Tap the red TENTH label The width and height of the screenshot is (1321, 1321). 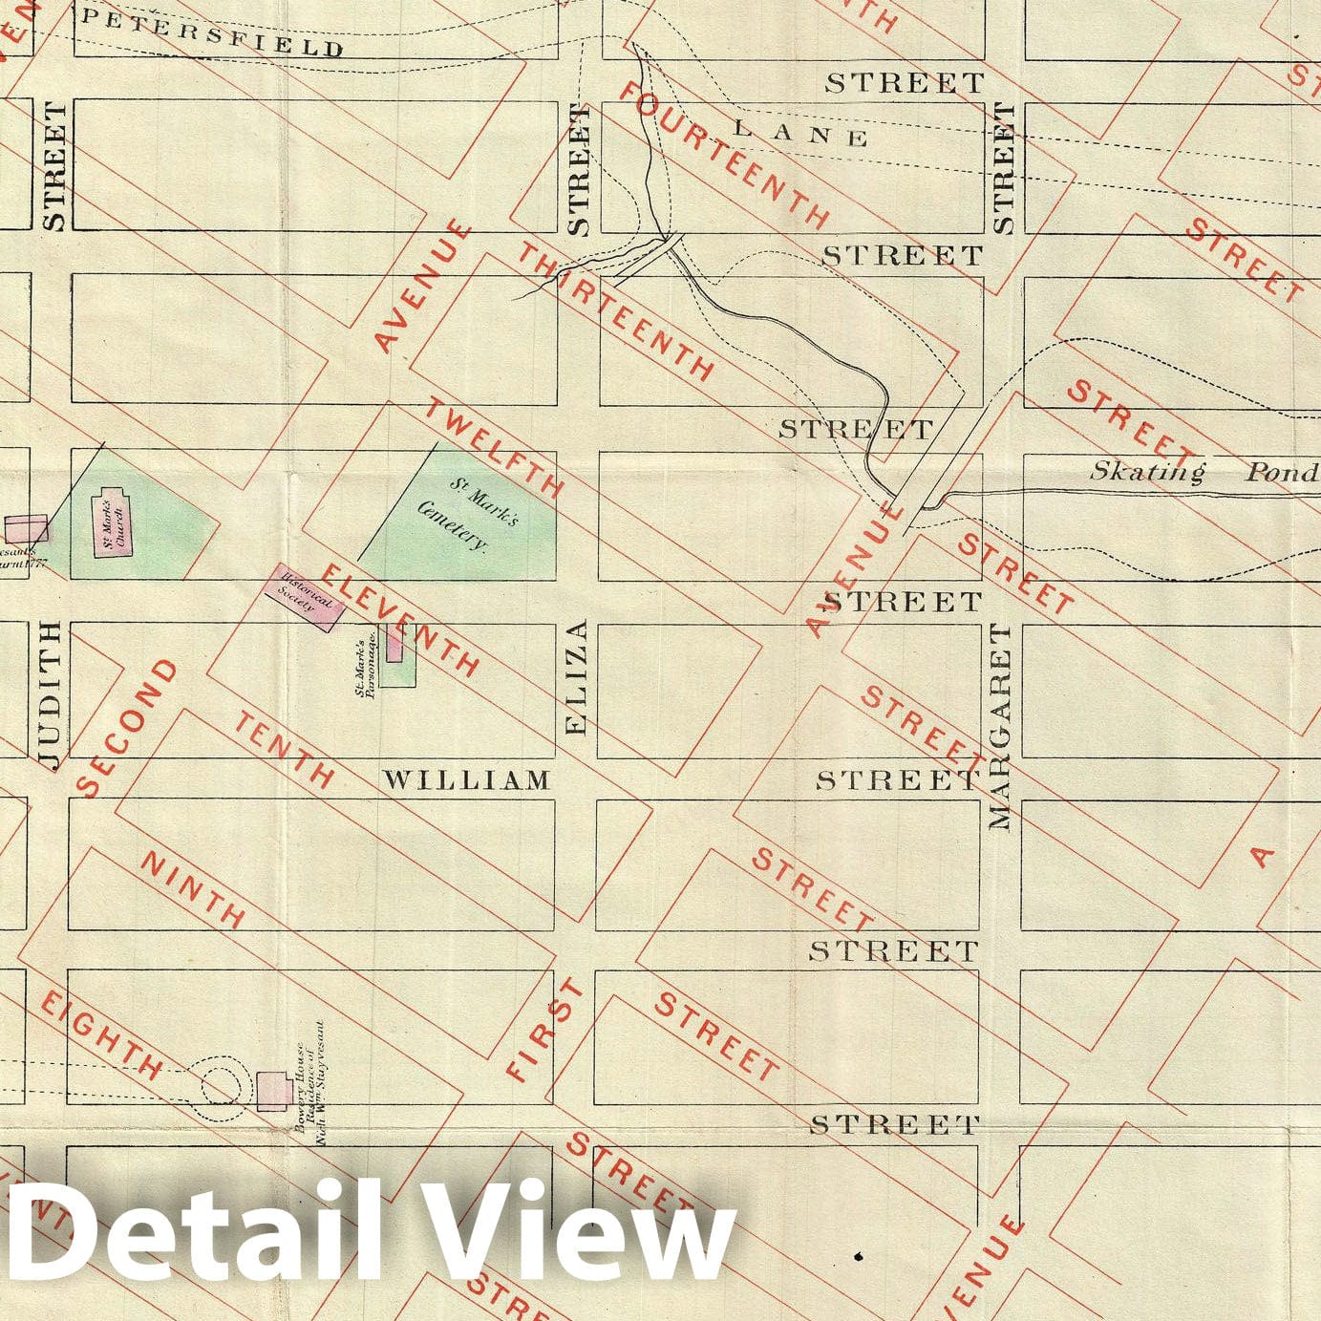tap(285, 750)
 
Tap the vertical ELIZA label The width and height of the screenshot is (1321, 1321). tap(576, 679)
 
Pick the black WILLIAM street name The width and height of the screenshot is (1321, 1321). tap(467, 780)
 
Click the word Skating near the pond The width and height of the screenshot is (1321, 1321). tap(1148, 471)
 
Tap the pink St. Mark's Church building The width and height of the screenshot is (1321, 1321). tap(112, 521)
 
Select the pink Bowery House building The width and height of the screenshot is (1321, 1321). tap(275, 1090)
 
